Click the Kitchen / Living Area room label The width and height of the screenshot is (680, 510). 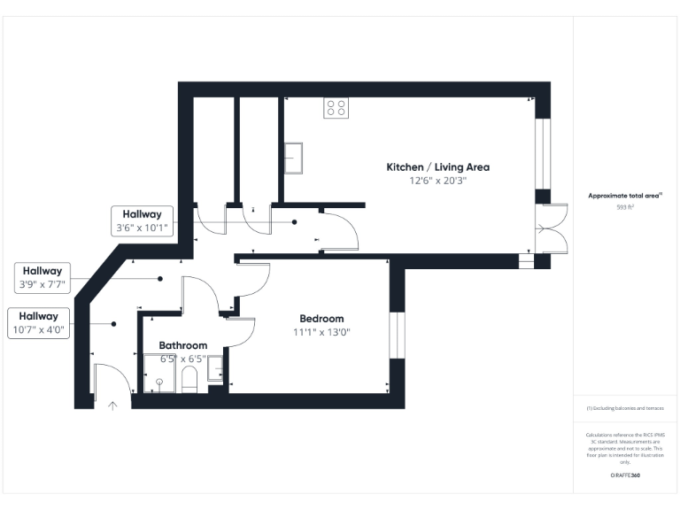437,166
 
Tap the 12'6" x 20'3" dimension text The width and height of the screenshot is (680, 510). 437,181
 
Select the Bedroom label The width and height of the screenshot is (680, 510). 321,319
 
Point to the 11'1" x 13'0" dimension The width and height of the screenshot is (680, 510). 321,333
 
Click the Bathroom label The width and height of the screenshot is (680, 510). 183,345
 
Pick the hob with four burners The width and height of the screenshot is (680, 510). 336,107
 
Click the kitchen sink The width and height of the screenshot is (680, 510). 293,158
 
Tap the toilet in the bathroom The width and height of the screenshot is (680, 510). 188,380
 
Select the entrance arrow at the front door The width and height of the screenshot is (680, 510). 112,406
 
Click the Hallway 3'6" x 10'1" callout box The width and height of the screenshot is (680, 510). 141,220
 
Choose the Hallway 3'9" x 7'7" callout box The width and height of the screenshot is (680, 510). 42,278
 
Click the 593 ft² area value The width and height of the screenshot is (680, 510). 625,206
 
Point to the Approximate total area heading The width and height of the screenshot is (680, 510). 625,195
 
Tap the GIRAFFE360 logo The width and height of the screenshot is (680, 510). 625,476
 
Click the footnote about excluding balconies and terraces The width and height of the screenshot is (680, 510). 625,408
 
